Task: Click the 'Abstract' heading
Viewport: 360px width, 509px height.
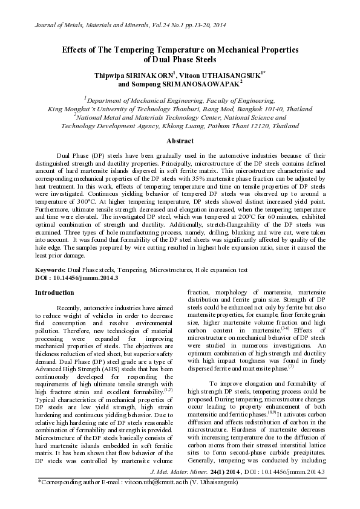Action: point(180,141)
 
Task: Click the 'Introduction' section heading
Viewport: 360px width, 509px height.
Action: point(54,293)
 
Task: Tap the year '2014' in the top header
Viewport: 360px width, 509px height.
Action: point(217,24)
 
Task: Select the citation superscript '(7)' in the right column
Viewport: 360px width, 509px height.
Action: point(290,366)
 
